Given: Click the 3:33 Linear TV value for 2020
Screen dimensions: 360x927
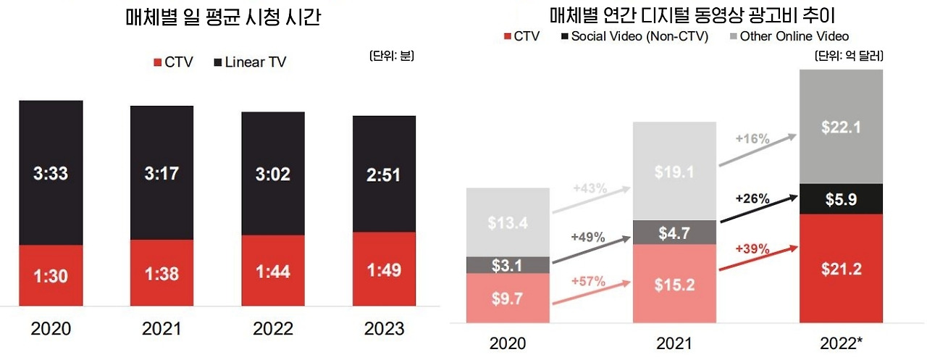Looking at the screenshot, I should pyautogui.click(x=51, y=174).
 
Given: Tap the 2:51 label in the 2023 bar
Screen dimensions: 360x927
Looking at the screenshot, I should pyautogui.click(x=384, y=175).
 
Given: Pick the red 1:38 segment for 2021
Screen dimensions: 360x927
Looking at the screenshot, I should pyautogui.click(x=162, y=275).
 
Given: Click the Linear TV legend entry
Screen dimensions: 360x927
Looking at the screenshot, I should pyautogui.click(x=250, y=62).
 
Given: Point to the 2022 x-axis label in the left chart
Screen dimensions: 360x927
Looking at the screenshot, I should pyautogui.click(x=273, y=329).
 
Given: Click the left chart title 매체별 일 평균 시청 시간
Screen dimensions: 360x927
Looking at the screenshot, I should pyautogui.click(x=222, y=18).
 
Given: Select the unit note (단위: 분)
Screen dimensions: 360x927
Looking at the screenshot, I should pyautogui.click(x=392, y=55).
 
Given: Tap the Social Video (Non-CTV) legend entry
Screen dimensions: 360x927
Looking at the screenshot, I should pyautogui.click(x=634, y=36).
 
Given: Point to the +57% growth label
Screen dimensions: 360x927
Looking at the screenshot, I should pyautogui.click(x=587, y=280).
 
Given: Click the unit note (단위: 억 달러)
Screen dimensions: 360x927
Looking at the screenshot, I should pyautogui.click(x=849, y=55).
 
